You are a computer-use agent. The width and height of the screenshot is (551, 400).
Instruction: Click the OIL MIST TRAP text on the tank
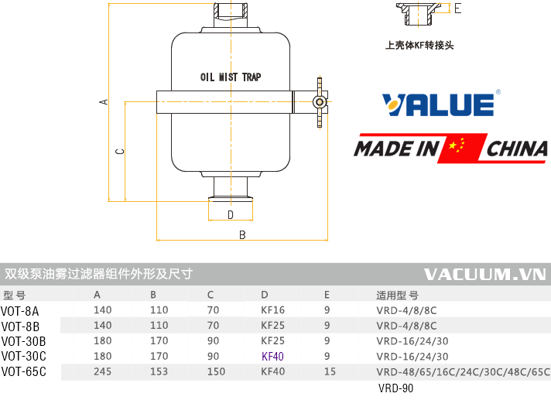pyautogui.click(x=231, y=77)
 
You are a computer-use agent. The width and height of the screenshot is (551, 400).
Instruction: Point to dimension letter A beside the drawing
pyautogui.click(x=103, y=101)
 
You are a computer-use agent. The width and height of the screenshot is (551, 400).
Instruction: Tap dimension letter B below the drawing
pyautogui.click(x=241, y=234)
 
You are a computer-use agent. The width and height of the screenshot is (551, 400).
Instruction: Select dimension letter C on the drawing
pyautogui.click(x=119, y=152)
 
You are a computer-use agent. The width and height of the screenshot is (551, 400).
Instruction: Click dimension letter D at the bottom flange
pyautogui.click(x=230, y=214)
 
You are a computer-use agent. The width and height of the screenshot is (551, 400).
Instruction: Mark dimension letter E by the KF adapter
pyautogui.click(x=457, y=9)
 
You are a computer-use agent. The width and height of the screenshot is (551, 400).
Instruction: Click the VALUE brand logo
pyautogui.click(x=439, y=104)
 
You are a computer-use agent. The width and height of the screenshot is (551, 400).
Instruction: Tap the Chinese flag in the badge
pyautogui.click(x=457, y=148)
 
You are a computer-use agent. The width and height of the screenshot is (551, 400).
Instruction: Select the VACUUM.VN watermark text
pyautogui.click(x=485, y=274)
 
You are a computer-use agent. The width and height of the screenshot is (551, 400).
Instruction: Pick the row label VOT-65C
pyautogui.click(x=23, y=372)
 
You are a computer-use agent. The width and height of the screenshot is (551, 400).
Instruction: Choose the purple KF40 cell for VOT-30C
pyautogui.click(x=273, y=357)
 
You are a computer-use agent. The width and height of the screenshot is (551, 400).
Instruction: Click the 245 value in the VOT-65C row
pyautogui.click(x=102, y=372)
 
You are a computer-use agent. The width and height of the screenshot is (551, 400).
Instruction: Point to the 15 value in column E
pyautogui.click(x=329, y=372)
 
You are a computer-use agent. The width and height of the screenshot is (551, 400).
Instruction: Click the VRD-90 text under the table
pyautogui.click(x=395, y=388)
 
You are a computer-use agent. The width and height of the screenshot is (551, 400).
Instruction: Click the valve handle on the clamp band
pyautogui.click(x=319, y=101)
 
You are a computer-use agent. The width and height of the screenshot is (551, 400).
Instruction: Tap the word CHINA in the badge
pyautogui.click(x=517, y=148)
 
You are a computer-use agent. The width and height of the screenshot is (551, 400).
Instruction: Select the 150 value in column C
pyautogui.click(x=216, y=372)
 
